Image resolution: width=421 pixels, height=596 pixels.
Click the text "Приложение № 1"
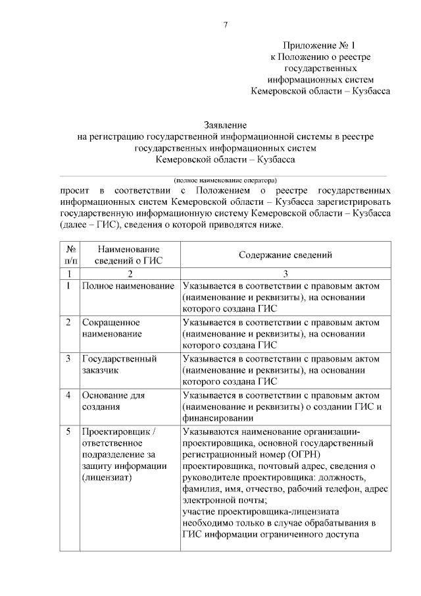pos(319,45)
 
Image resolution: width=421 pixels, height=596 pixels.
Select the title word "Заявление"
pos(225,124)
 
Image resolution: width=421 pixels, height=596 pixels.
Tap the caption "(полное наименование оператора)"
pos(225,180)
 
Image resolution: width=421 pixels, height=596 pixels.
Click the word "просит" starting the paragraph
pos(74,190)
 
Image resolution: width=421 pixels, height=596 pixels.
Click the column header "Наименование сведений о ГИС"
pos(130,255)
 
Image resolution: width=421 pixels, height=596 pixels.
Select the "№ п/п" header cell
pos(70,255)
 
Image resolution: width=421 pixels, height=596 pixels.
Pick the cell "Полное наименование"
pos(128,286)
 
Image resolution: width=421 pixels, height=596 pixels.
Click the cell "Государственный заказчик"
pos(118,365)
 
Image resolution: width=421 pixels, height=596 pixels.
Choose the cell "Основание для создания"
pos(113,401)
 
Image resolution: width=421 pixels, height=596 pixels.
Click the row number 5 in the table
pos(69,431)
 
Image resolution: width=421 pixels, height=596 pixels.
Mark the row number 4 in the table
pos(69,395)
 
